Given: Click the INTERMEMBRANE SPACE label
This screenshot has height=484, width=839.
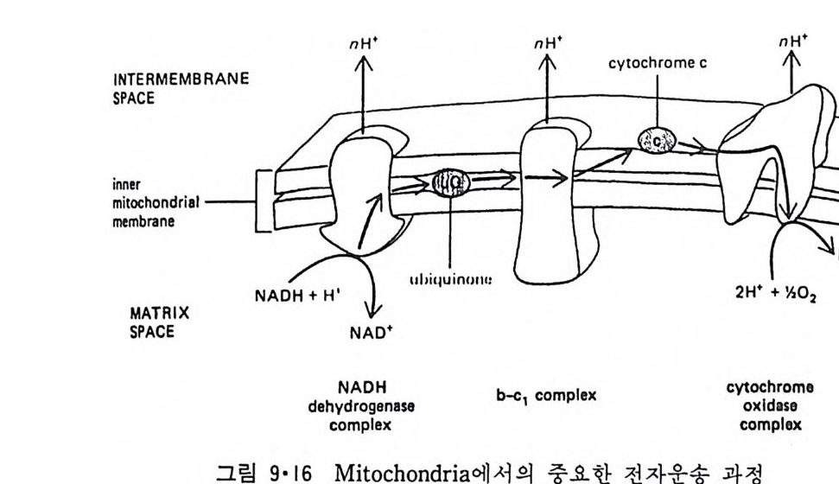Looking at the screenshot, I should [x=181, y=88].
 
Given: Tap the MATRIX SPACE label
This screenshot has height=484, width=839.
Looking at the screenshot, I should [x=159, y=321].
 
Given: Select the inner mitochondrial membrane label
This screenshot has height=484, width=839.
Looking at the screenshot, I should [x=156, y=202].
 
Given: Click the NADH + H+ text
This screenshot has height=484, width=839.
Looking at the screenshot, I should [x=297, y=296].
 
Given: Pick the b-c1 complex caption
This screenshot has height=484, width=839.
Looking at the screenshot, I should [x=544, y=396].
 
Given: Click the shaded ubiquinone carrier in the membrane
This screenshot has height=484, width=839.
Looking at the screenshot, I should [x=450, y=182].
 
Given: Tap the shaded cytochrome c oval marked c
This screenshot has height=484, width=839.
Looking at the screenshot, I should [x=655, y=140].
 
